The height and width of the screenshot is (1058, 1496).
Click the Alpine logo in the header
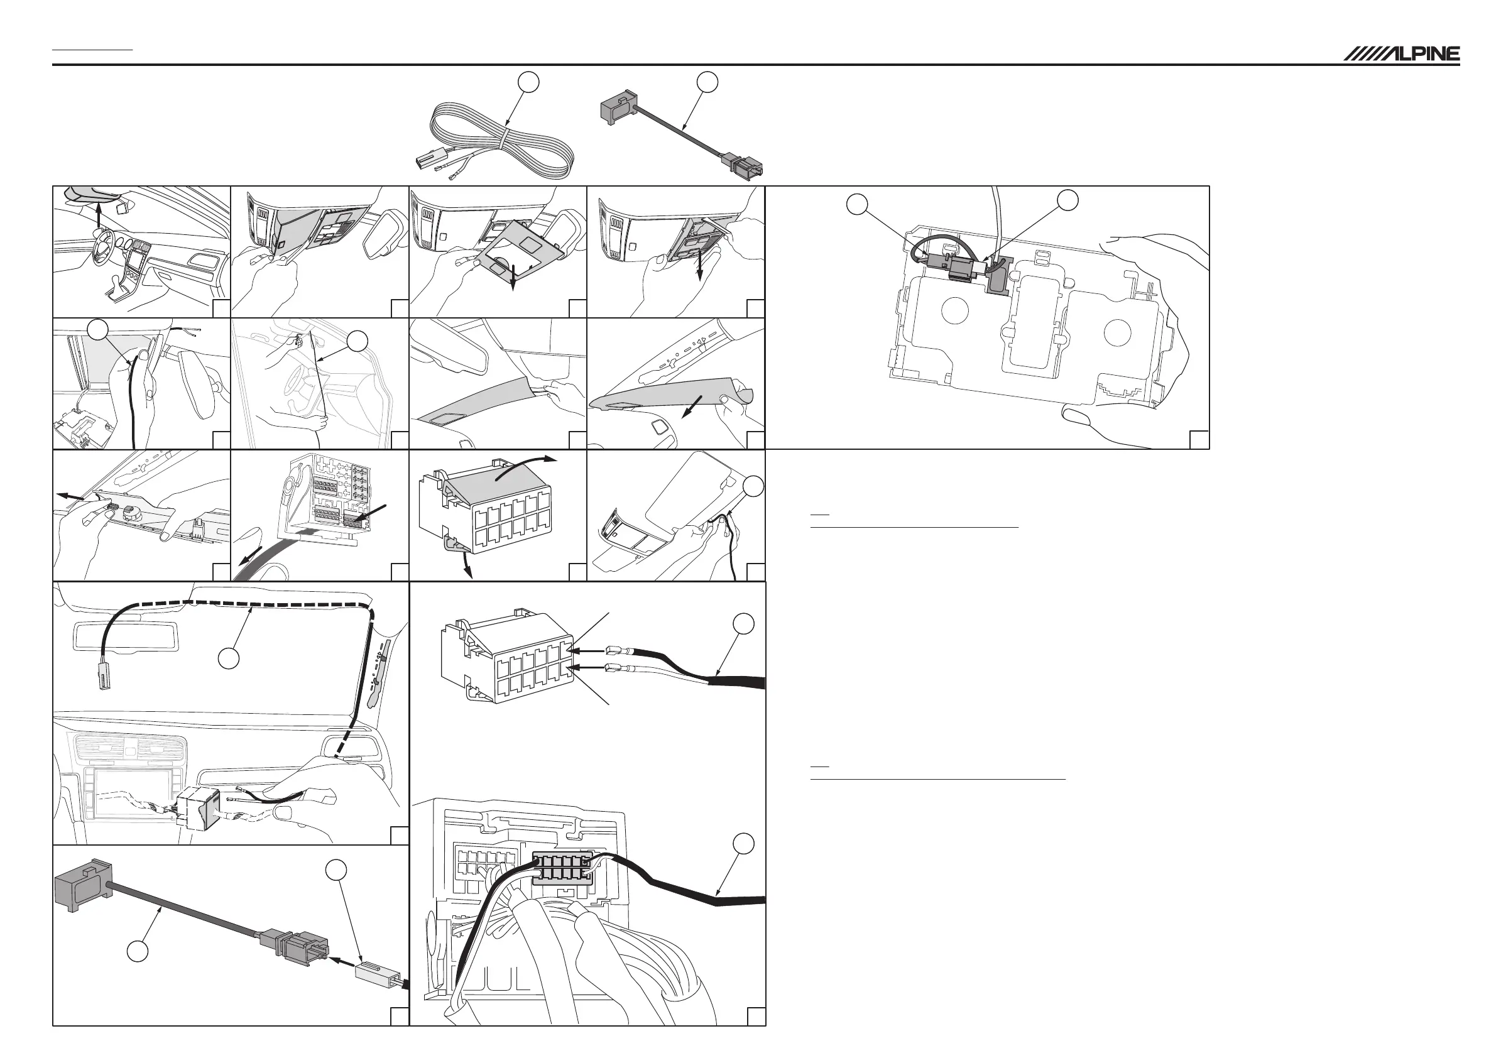click(1401, 54)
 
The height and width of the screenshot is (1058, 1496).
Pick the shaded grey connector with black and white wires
click(562, 867)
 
